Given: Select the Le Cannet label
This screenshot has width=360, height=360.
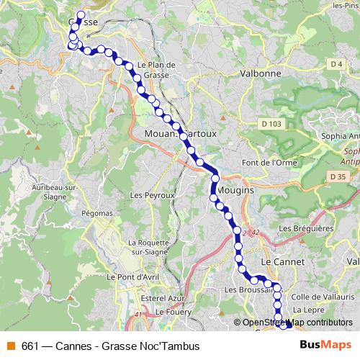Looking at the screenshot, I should tap(283, 262).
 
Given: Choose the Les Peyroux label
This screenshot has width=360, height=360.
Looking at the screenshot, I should tap(153, 195).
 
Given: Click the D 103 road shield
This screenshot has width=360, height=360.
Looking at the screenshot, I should tap(271, 124).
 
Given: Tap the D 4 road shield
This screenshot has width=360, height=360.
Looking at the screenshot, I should tap(336, 65).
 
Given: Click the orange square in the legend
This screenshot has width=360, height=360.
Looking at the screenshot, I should tap(10, 346).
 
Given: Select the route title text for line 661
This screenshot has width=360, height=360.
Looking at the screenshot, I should tap(110, 346).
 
